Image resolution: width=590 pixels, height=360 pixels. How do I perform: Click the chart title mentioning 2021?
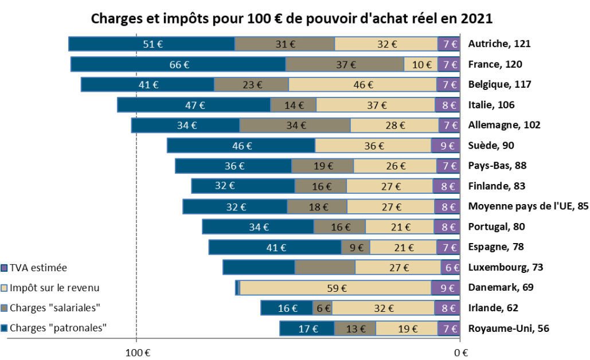point(292,18)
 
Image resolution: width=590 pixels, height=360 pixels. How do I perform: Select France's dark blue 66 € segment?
point(178,64)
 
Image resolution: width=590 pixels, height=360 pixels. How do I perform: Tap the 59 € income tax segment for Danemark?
point(335,288)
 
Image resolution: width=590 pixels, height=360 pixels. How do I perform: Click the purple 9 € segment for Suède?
point(446,146)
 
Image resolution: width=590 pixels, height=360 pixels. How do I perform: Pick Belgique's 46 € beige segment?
point(363,85)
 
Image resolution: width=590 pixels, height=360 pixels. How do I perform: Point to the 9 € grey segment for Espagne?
point(355,248)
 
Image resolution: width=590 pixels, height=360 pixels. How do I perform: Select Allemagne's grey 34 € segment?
point(295,126)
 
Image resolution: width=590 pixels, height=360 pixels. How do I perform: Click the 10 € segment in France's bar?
point(421,64)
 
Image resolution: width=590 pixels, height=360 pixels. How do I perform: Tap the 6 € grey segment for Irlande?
point(322,308)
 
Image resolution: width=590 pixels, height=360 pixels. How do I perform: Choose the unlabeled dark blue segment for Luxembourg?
point(259,268)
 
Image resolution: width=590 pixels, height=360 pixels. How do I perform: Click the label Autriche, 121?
point(499,44)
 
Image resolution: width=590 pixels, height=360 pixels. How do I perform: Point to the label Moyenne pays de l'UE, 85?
point(528,206)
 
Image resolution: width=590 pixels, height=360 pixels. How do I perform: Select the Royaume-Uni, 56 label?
point(509,328)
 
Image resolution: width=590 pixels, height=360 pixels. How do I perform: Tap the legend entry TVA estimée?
point(34,268)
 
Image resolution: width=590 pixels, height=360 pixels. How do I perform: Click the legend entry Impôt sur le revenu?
point(50,288)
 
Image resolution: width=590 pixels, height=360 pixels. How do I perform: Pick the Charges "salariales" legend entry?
point(51,308)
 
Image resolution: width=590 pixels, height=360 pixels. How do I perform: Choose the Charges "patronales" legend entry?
point(54,328)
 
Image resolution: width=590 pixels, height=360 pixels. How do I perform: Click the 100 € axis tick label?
point(138,353)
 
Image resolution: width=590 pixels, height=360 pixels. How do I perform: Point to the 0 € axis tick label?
point(461,353)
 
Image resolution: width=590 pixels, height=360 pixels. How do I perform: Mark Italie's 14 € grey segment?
point(294,105)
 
